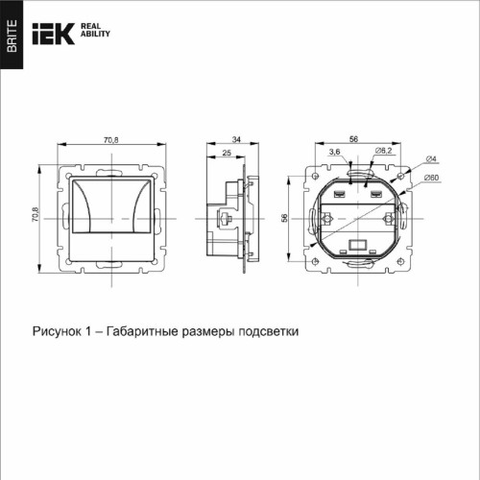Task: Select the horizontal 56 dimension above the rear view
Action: click(x=353, y=140)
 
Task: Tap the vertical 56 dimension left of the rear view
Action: click(x=285, y=217)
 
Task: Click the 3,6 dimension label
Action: click(x=334, y=152)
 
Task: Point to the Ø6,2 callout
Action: click(x=380, y=152)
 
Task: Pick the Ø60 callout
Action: click(x=432, y=178)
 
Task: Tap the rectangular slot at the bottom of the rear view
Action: click(x=358, y=246)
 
